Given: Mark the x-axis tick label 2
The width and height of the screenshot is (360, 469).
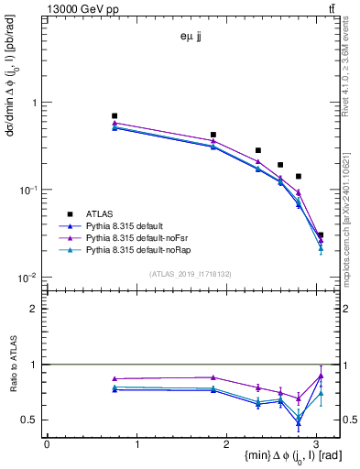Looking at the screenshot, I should click(x=227, y=444).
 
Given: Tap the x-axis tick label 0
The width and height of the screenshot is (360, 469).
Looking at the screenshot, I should click(x=47, y=444).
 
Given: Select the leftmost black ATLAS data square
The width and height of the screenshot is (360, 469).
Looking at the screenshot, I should click(x=115, y=116).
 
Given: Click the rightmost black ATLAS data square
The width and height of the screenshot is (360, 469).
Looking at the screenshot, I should click(x=320, y=235).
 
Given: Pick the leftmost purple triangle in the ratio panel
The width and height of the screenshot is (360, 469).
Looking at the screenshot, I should click(x=115, y=378).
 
